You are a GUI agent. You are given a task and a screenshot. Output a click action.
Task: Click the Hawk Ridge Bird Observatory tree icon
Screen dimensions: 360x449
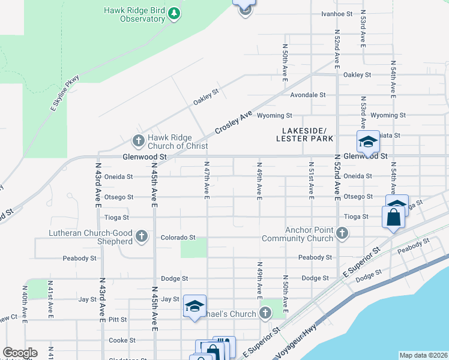pyautogui.click(x=174, y=13)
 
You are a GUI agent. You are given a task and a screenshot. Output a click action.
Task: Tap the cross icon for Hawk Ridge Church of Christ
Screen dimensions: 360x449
pyautogui.click(x=138, y=141)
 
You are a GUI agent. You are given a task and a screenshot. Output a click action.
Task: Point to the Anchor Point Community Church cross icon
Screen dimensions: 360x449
pyautogui.click(x=342, y=233)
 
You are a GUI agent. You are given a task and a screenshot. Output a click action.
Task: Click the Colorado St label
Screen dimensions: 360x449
pyautogui.click(x=178, y=238)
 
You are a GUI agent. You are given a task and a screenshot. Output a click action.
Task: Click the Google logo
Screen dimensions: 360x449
pyautogui.click(x=20, y=353)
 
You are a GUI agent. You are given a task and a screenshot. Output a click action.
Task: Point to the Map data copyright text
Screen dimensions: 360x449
pyautogui.click(x=424, y=355)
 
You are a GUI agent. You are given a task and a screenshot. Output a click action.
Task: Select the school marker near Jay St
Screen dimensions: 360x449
pyautogui.click(x=194, y=307)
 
